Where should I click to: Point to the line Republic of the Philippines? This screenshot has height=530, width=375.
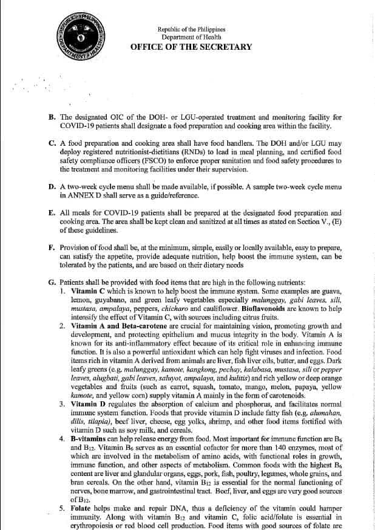[x=191, y=29]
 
